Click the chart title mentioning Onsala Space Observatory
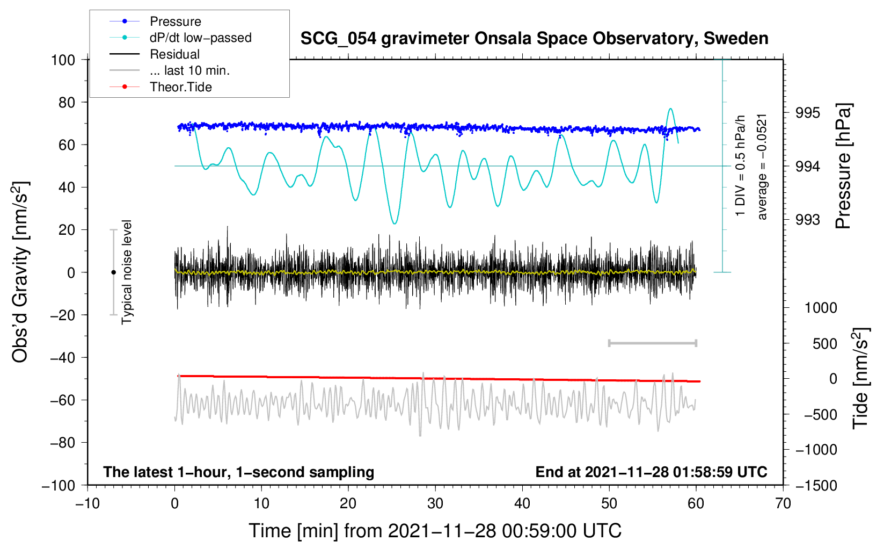pos(534,39)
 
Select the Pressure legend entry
pos(175,21)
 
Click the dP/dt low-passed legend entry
pos(200,38)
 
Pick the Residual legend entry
pos(174,54)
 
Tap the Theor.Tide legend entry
pos(180,87)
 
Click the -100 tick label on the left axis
pos(59,485)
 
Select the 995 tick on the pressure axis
pos(808,113)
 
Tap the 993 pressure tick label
pos(808,219)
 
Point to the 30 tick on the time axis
pos(435,503)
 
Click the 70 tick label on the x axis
pos(783,503)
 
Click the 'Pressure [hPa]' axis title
pos(844,167)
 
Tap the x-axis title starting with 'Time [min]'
pos(435,531)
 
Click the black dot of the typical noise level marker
pos(113,272)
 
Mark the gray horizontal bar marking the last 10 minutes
pos(652,343)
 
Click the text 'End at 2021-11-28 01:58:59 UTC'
pos(651,472)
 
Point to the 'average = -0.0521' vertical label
pos(762,167)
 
